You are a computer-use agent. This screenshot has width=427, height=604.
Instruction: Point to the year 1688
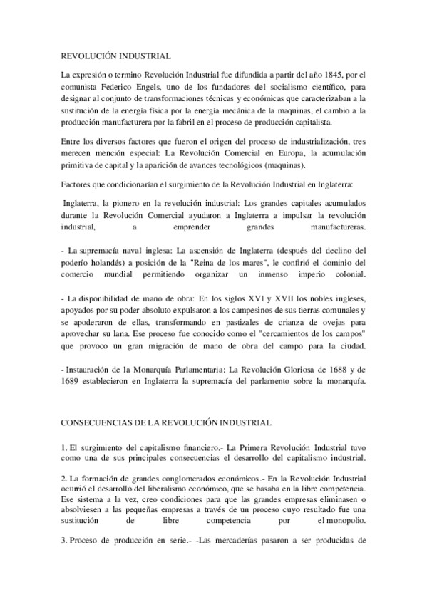328,370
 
